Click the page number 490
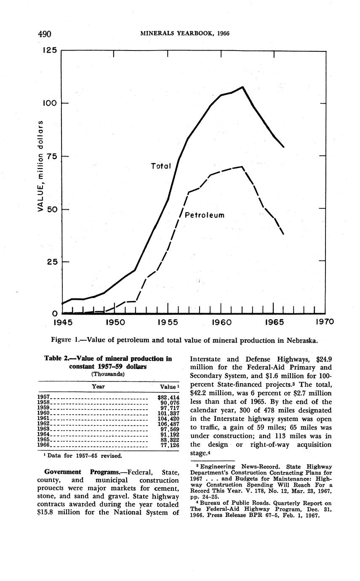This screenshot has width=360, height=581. (x=44, y=34)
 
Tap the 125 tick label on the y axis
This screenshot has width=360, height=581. (x=49, y=50)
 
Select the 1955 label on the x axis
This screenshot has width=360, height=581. (x=168, y=322)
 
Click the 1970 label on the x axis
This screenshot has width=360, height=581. (x=324, y=322)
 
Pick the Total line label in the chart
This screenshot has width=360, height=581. (x=161, y=166)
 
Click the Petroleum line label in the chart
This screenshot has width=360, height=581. (x=205, y=215)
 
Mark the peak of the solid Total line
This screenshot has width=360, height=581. (x=243, y=87)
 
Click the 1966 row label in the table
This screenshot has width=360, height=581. (x=44, y=445)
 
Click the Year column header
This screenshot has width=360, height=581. (x=98, y=386)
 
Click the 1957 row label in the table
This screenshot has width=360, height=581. (x=44, y=397)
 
